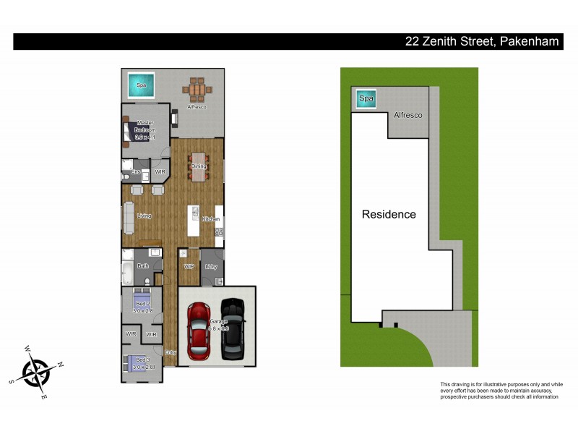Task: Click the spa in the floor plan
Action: tap(141, 85)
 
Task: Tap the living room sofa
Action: tap(129, 216)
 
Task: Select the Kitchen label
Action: tap(210, 218)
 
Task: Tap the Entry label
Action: tap(171, 352)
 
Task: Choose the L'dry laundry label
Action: tap(211, 267)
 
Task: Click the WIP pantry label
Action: tap(189, 267)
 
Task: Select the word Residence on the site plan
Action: tap(389, 214)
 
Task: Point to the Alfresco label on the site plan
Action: tap(407, 115)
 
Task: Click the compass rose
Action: tap(36, 373)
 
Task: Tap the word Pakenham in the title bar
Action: tap(528, 42)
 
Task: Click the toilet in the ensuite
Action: tap(126, 175)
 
